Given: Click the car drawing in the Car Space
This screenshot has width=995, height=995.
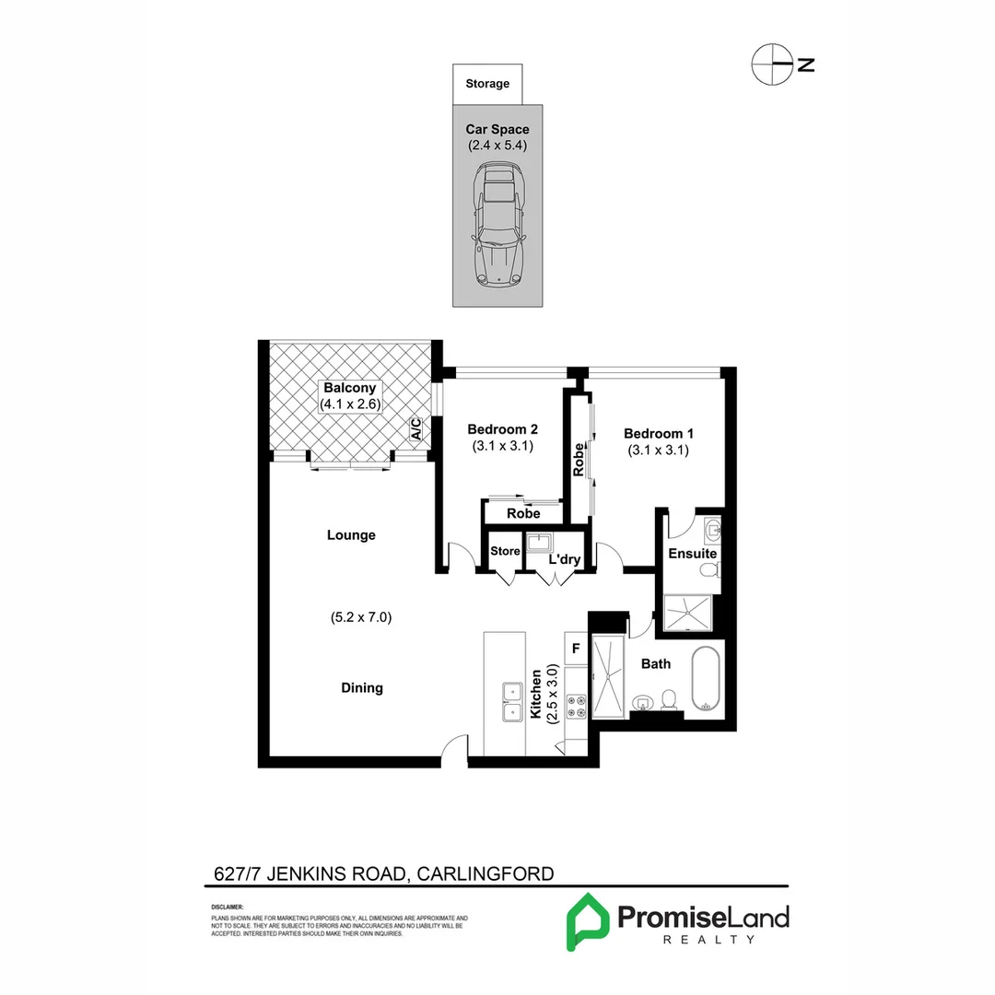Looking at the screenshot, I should pyautogui.click(x=497, y=226).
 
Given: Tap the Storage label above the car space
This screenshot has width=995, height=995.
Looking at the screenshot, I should pyautogui.click(x=487, y=84).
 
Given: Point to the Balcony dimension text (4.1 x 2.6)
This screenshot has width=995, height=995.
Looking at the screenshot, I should pyautogui.click(x=350, y=404).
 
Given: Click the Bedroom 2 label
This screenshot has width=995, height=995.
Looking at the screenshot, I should pyautogui.click(x=502, y=429).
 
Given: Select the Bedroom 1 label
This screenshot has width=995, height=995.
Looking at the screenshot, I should pyautogui.click(x=659, y=434).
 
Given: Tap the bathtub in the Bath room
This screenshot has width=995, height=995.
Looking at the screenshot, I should pyautogui.click(x=706, y=680).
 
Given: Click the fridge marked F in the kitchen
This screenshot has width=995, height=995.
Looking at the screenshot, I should pyautogui.click(x=575, y=649).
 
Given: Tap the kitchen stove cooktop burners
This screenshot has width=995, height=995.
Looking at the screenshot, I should pyautogui.click(x=575, y=706).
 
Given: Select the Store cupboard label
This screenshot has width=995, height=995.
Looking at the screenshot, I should pyautogui.click(x=505, y=552).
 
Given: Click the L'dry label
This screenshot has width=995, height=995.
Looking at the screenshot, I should pyautogui.click(x=563, y=559).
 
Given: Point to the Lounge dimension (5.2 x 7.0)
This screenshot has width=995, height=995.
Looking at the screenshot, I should pyautogui.click(x=361, y=618).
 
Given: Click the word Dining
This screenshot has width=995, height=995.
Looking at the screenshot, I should pyautogui.click(x=361, y=687).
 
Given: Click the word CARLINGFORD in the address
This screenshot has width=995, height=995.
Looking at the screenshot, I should pyautogui.click(x=486, y=873).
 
